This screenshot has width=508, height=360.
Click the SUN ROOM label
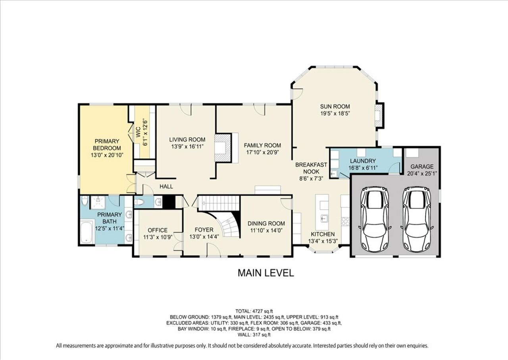335,106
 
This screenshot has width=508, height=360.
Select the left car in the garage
374,219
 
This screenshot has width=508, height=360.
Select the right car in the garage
417,219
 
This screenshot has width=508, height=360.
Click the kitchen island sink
323,219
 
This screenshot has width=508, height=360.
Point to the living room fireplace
223,148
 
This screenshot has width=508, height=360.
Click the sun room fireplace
379,115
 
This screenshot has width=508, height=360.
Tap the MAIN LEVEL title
266,273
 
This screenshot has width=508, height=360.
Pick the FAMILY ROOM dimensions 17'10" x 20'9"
262,152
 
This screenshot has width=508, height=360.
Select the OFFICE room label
158,230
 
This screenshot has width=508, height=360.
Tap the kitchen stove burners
345,221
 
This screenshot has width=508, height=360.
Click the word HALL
166,187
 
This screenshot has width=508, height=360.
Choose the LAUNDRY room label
363,161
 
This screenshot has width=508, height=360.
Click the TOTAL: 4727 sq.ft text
254,311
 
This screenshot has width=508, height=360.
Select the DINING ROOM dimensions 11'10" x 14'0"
266,231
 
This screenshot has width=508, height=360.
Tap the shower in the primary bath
98,202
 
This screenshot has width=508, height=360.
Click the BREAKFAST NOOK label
311,168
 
